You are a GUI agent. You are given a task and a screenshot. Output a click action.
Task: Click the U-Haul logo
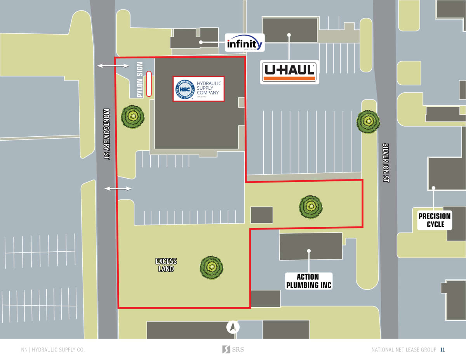[289, 72]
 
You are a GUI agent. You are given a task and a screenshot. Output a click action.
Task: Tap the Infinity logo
[245, 43]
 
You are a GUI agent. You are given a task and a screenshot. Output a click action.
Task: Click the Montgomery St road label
[107, 134]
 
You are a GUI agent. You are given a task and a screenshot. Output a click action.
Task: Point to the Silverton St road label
[386, 163]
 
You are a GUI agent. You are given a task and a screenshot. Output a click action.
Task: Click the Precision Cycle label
[434, 220]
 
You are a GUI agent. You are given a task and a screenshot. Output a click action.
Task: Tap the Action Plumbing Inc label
[309, 281]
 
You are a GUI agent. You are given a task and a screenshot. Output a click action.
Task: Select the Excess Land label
[166, 265]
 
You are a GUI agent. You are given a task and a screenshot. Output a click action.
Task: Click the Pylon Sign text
[140, 80]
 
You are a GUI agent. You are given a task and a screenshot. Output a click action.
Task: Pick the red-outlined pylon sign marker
[148, 84]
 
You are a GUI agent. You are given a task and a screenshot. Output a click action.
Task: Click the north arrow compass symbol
[233, 327]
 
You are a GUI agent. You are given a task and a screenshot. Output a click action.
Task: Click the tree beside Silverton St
[368, 122]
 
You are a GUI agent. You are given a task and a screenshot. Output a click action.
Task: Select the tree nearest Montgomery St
[133, 116]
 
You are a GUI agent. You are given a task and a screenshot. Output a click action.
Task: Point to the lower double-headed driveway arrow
[118, 189]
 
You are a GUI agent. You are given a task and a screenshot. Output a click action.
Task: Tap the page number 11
[442, 350]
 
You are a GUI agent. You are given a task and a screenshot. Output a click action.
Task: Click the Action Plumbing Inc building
[311, 245]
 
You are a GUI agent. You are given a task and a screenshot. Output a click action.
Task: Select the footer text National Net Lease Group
[403, 350]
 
